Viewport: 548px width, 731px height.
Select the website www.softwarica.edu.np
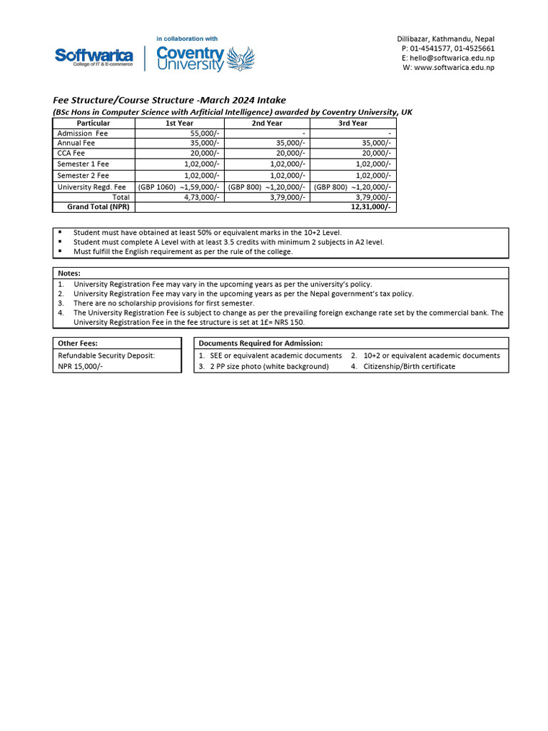454,68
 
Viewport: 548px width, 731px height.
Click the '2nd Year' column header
267,123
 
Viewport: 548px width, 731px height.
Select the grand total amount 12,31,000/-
371,207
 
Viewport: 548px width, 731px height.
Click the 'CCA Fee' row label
71,153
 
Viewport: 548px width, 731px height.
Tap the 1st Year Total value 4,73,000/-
202,197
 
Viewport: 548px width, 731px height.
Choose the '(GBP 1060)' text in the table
157,187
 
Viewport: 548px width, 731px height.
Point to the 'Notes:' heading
69,273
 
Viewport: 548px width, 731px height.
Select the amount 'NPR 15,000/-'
80,366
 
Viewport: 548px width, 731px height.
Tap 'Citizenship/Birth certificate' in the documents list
409,366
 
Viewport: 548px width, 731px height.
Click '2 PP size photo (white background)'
269,366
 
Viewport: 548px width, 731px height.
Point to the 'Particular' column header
93,123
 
